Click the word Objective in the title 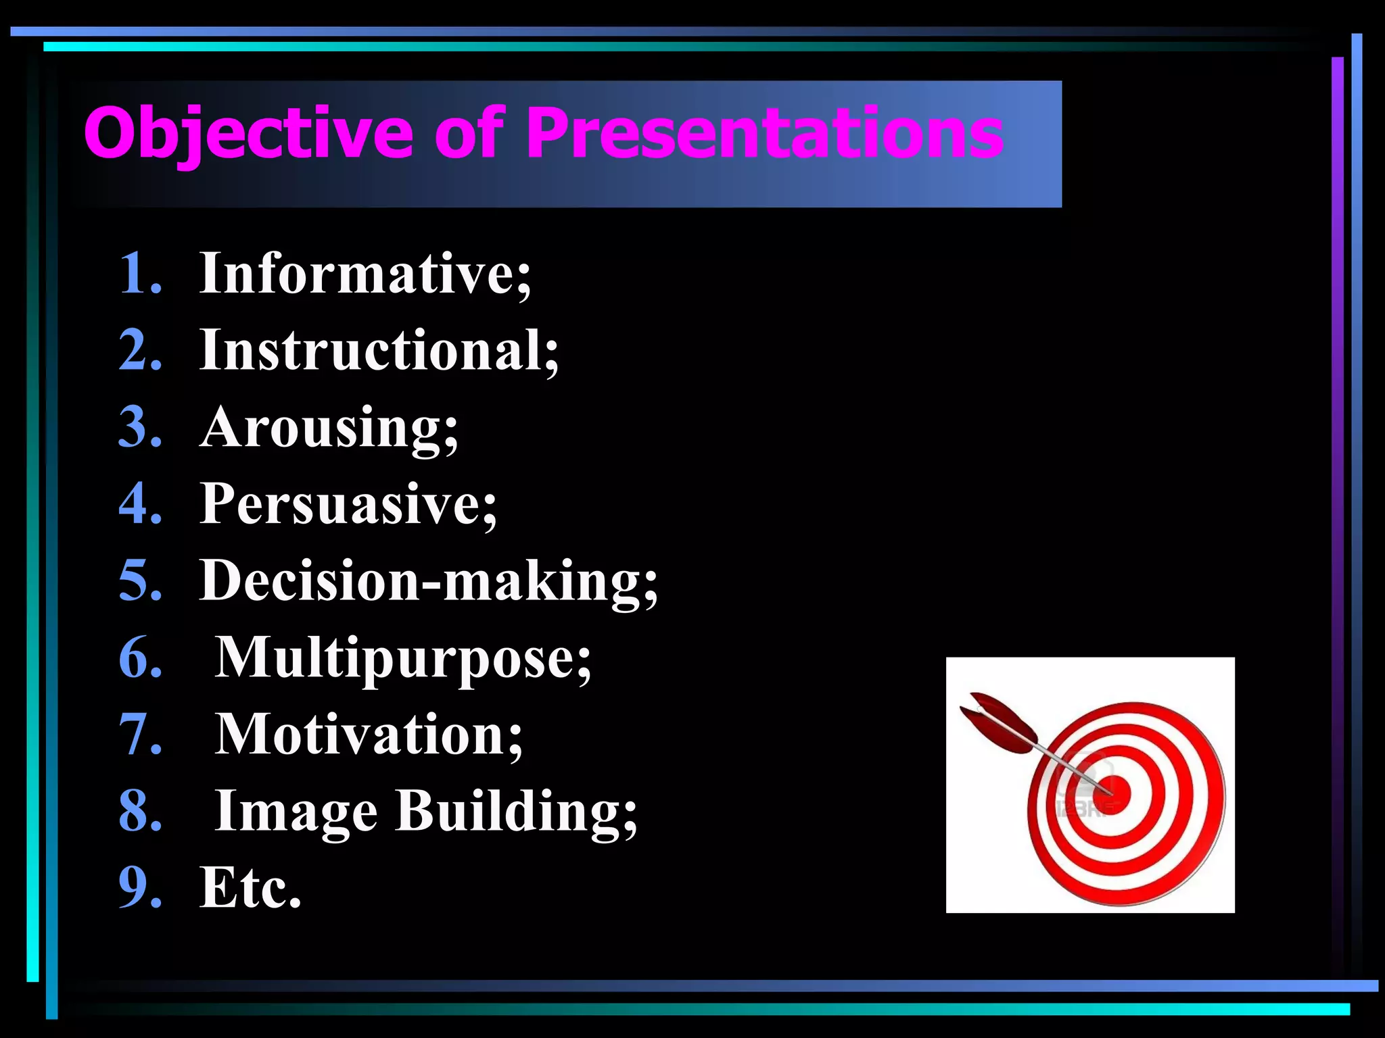click(248, 133)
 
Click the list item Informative click(365, 274)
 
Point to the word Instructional click(379, 350)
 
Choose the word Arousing click(329, 427)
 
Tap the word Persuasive click(348, 504)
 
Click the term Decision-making click(428, 581)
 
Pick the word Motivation click(369, 735)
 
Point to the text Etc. click(250, 887)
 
